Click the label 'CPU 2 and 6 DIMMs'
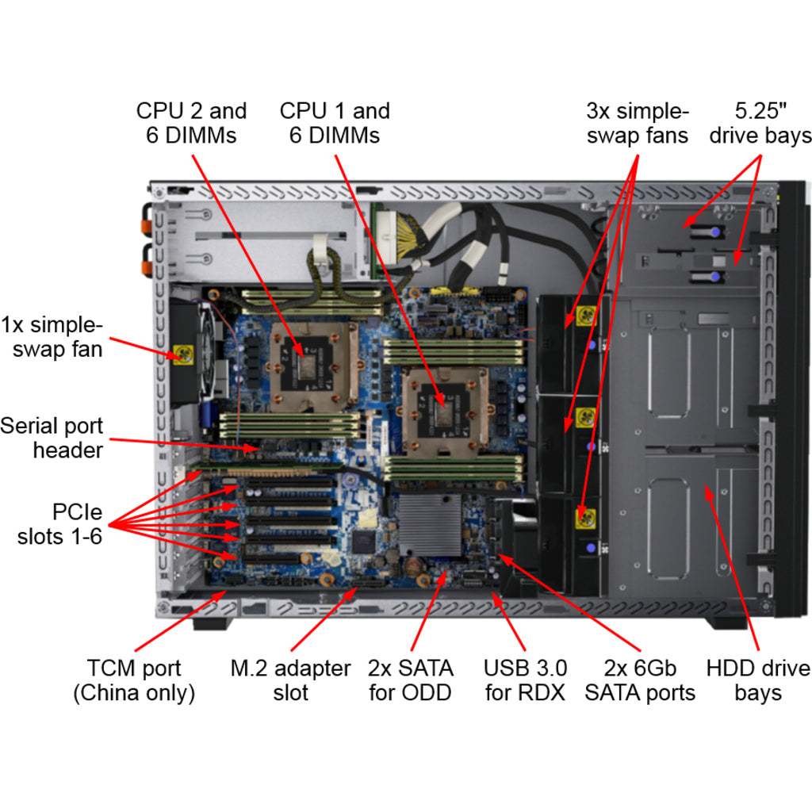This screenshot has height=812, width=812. pos(191,123)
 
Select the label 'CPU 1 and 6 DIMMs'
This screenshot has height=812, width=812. pos(335,123)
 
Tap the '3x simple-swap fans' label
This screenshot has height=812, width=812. pos(638,123)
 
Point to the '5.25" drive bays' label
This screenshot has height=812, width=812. pos(760,123)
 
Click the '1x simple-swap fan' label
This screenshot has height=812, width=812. pos(52,336)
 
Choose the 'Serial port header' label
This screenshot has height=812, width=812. pos(52,438)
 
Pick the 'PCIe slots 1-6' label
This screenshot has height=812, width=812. pos(60,524)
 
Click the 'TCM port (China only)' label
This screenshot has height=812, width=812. pos(134,680)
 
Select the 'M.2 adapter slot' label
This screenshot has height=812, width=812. pos(290,680)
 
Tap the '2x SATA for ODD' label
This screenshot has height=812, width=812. pos(410,680)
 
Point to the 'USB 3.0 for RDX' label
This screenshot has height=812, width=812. pos(525,680)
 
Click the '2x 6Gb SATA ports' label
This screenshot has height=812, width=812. pos(640,680)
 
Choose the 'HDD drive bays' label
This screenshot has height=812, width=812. pos(758,680)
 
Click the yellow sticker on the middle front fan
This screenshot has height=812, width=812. pos(587,416)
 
